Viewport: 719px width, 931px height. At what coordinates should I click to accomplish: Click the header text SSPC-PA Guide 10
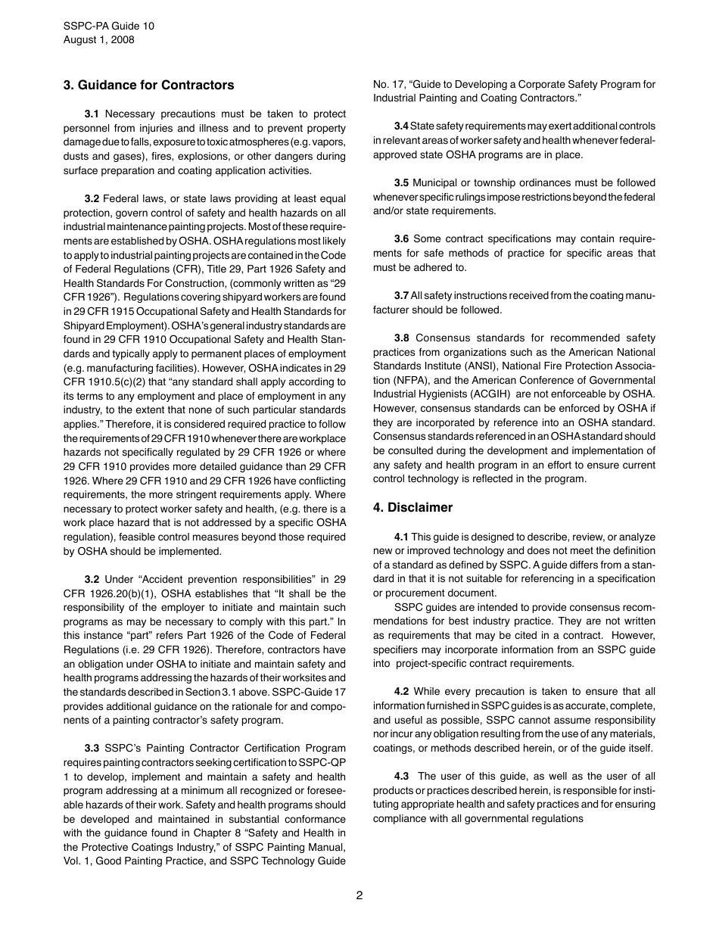(x=109, y=26)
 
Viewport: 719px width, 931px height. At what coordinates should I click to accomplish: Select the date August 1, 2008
(x=99, y=39)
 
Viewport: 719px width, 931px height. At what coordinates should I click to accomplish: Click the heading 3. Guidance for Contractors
(x=148, y=85)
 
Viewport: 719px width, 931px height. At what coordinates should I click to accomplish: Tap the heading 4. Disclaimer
(x=412, y=507)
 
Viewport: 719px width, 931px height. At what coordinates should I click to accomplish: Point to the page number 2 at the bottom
(x=359, y=895)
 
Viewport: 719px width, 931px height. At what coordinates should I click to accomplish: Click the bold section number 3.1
(x=92, y=114)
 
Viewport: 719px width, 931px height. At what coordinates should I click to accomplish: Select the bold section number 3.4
(x=401, y=126)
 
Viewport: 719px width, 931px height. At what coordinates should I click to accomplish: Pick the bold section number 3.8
(x=402, y=338)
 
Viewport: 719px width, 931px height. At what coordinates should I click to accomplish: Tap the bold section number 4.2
(x=402, y=691)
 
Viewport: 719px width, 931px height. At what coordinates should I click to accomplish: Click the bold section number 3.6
(x=402, y=239)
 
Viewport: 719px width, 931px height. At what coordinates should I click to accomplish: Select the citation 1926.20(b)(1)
(x=104, y=593)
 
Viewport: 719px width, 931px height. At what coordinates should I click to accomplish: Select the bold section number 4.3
(x=402, y=776)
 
